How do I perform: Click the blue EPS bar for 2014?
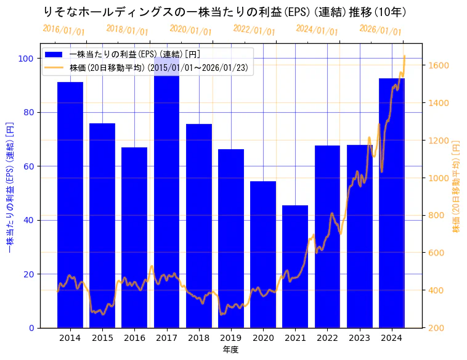(70, 203)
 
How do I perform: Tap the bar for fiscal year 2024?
(392, 203)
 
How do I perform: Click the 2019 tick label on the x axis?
(231, 338)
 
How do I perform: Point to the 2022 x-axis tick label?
(327, 338)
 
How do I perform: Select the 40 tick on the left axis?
(28, 220)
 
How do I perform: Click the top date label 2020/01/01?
(190, 30)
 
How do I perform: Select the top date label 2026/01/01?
(380, 30)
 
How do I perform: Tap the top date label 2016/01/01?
(63, 30)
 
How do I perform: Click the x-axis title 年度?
(230, 350)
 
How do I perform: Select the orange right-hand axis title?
(457, 186)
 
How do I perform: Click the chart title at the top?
(225, 12)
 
